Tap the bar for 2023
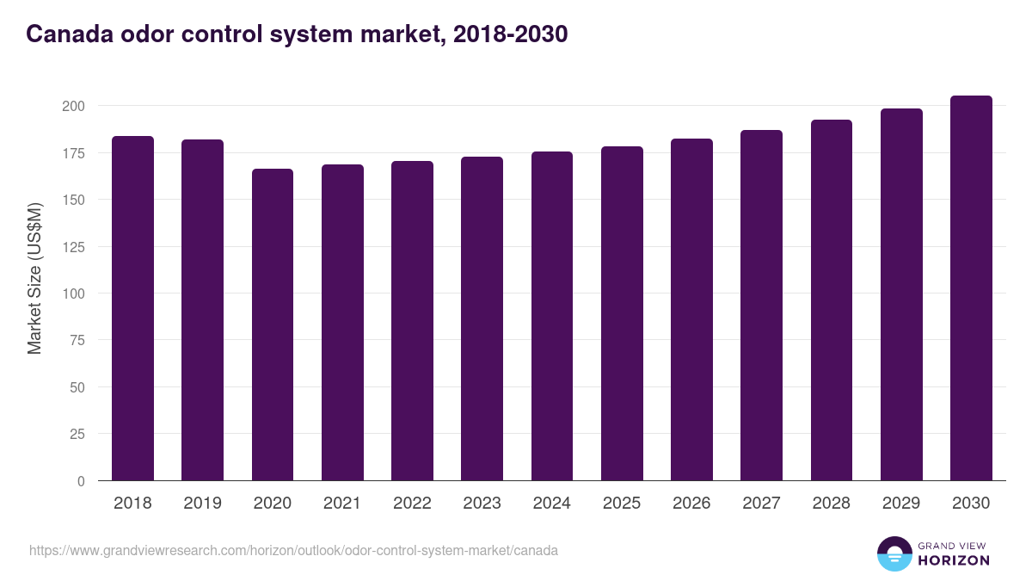[482, 318]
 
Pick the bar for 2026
[691, 310]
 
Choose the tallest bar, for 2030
[971, 288]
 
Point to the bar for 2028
[832, 300]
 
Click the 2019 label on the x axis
[203, 504]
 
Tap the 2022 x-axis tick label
[412, 504]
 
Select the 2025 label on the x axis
[622, 504]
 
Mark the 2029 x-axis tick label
[901, 504]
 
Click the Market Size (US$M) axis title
[34, 278]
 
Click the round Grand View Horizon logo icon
[894, 553]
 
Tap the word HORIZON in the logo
[953, 560]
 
